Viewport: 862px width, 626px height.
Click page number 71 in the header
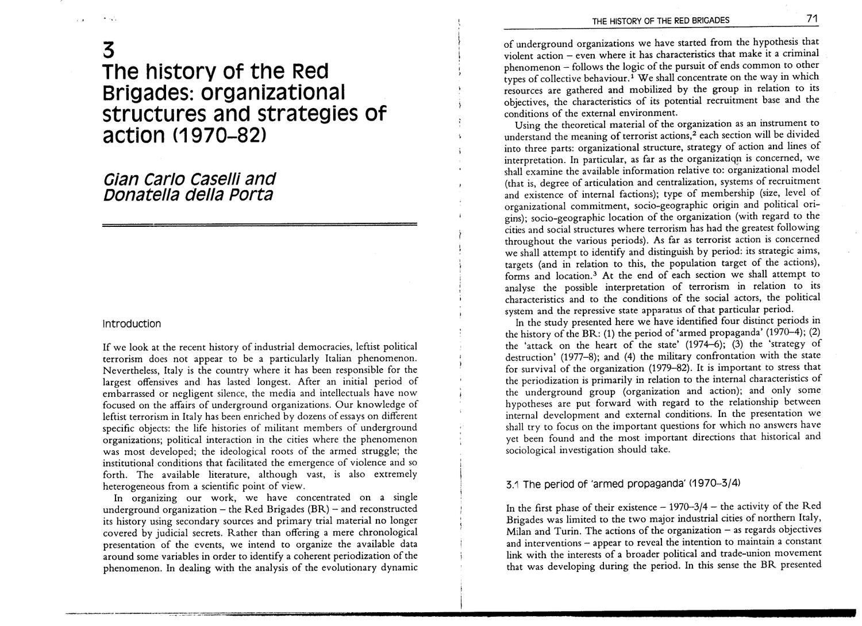coord(812,19)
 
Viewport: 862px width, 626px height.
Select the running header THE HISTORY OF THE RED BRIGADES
coord(660,21)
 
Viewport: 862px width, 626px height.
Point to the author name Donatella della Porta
coord(187,195)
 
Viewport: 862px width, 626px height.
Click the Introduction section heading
coord(131,324)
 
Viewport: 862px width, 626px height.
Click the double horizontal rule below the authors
coord(259,225)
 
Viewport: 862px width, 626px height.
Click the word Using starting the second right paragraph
coord(526,125)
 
